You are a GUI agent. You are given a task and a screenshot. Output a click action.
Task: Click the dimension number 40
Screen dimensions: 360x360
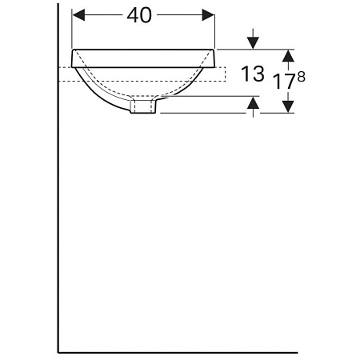pos(144,16)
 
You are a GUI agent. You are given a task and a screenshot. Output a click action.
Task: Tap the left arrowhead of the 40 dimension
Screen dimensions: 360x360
pos(78,16)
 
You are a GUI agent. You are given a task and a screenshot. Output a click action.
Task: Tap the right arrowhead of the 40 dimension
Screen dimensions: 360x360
pos(210,16)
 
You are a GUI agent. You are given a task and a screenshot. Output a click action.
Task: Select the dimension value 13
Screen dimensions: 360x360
pos(253,74)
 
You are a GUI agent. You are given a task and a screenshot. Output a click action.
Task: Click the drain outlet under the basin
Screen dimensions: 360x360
pos(145,106)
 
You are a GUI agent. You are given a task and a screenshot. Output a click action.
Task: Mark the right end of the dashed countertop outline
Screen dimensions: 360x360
pos(227,74)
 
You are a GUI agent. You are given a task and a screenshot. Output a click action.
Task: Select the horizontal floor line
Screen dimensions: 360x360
pos(176,350)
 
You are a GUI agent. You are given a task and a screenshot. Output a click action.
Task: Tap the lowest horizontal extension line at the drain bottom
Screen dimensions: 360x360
pos(224,113)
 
